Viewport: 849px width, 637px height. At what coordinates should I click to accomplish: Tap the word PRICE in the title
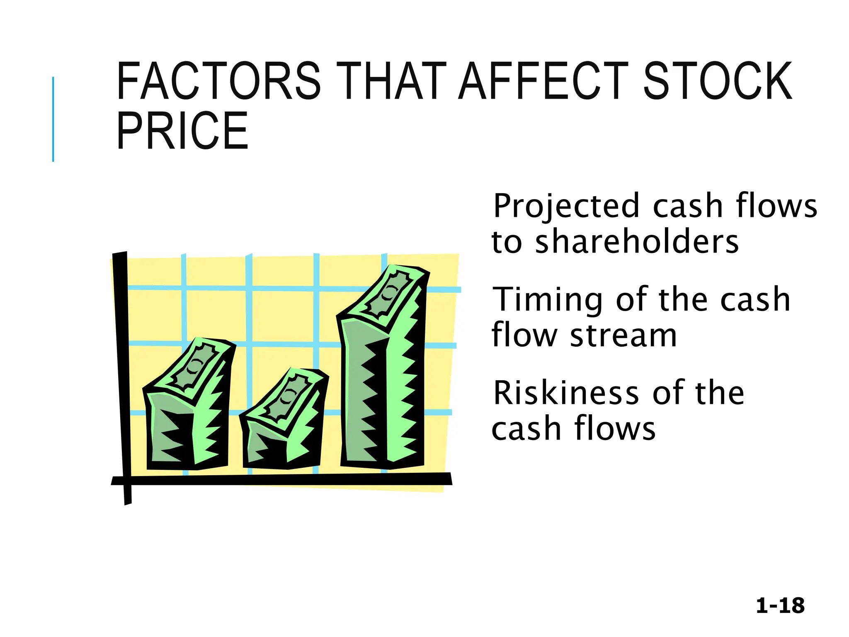(182, 131)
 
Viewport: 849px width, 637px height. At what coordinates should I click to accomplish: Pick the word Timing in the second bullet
(548, 299)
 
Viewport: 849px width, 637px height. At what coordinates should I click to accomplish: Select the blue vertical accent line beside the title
(53, 119)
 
